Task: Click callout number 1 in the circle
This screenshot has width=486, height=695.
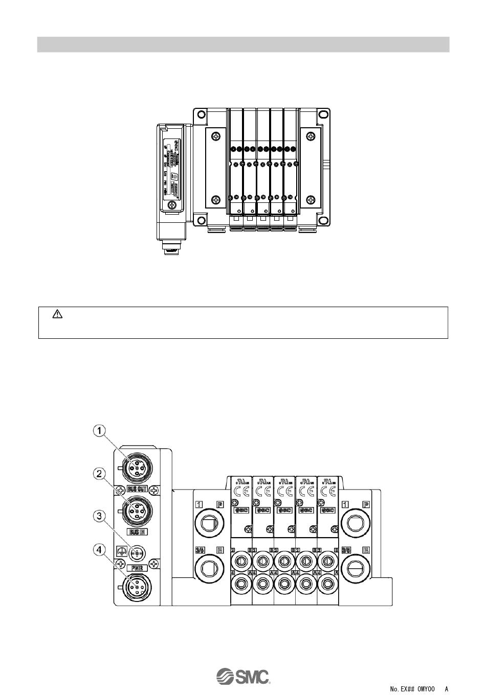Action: click(100, 431)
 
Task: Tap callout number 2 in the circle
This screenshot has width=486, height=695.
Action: click(100, 473)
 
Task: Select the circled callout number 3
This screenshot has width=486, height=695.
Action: click(100, 516)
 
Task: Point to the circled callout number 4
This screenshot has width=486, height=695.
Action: click(100, 550)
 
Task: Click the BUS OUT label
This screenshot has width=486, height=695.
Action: click(137, 489)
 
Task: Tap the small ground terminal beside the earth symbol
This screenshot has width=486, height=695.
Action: click(137, 552)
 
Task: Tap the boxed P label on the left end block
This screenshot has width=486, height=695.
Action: click(220, 504)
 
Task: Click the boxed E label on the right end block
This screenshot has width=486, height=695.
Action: click(366, 550)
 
